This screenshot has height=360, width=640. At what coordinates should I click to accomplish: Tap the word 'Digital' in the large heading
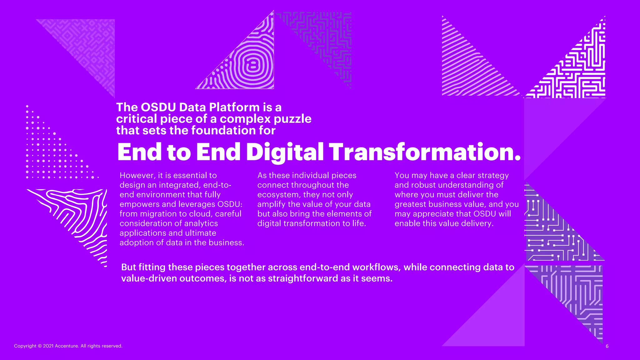click(x=285, y=152)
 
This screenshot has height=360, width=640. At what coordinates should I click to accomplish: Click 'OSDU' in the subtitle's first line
click(x=158, y=107)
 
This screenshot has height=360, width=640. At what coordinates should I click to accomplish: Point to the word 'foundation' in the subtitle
click(x=223, y=130)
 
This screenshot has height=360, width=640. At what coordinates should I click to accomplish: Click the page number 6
click(x=607, y=346)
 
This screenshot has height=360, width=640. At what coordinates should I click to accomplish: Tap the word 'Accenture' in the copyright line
click(x=67, y=346)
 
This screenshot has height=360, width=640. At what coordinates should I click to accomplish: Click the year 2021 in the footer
click(x=48, y=346)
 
